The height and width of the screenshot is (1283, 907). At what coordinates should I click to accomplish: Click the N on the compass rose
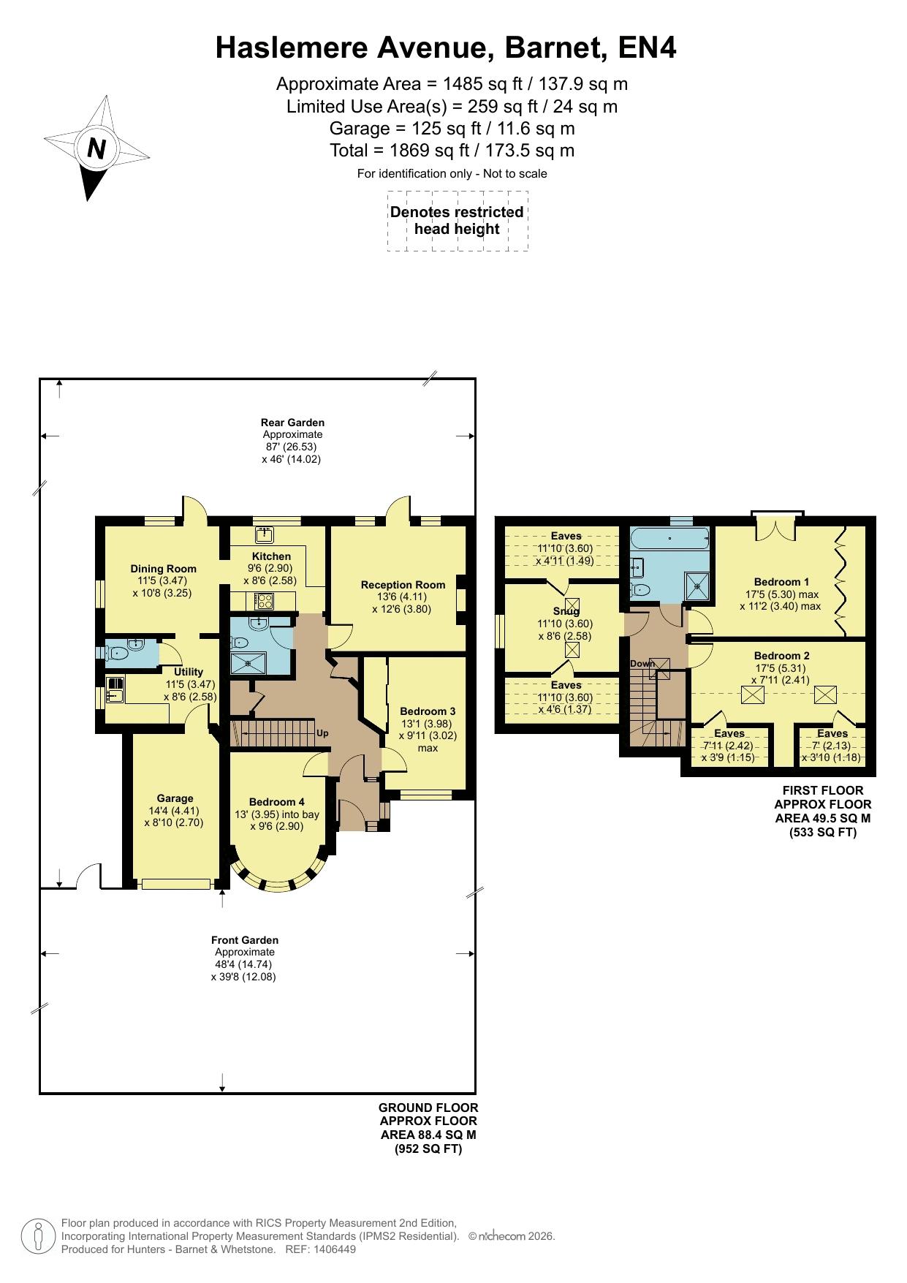(96, 149)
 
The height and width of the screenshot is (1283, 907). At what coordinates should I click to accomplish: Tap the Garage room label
(175, 798)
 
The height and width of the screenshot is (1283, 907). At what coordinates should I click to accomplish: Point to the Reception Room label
(403, 585)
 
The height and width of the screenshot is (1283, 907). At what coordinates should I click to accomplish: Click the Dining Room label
(163, 569)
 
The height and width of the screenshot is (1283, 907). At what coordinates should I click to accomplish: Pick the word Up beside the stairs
(322, 733)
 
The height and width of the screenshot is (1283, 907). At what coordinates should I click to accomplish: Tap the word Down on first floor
(642, 663)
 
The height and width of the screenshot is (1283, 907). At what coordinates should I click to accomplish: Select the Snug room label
(566, 611)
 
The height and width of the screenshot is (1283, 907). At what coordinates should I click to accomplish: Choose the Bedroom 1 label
(781, 582)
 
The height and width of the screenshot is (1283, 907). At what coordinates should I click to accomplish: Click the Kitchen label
(271, 556)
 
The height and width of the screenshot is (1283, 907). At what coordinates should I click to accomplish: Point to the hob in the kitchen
(264, 601)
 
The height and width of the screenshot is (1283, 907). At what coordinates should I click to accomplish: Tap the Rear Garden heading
(292, 423)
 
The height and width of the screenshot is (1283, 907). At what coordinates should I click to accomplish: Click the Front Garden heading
(245, 940)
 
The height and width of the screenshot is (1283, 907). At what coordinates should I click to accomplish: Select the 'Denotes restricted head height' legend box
(458, 221)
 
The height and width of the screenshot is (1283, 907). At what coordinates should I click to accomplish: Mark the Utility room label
(189, 672)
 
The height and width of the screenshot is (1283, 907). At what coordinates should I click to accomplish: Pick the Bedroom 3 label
(428, 711)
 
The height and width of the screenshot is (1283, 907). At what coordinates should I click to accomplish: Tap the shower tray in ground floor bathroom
(251, 663)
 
